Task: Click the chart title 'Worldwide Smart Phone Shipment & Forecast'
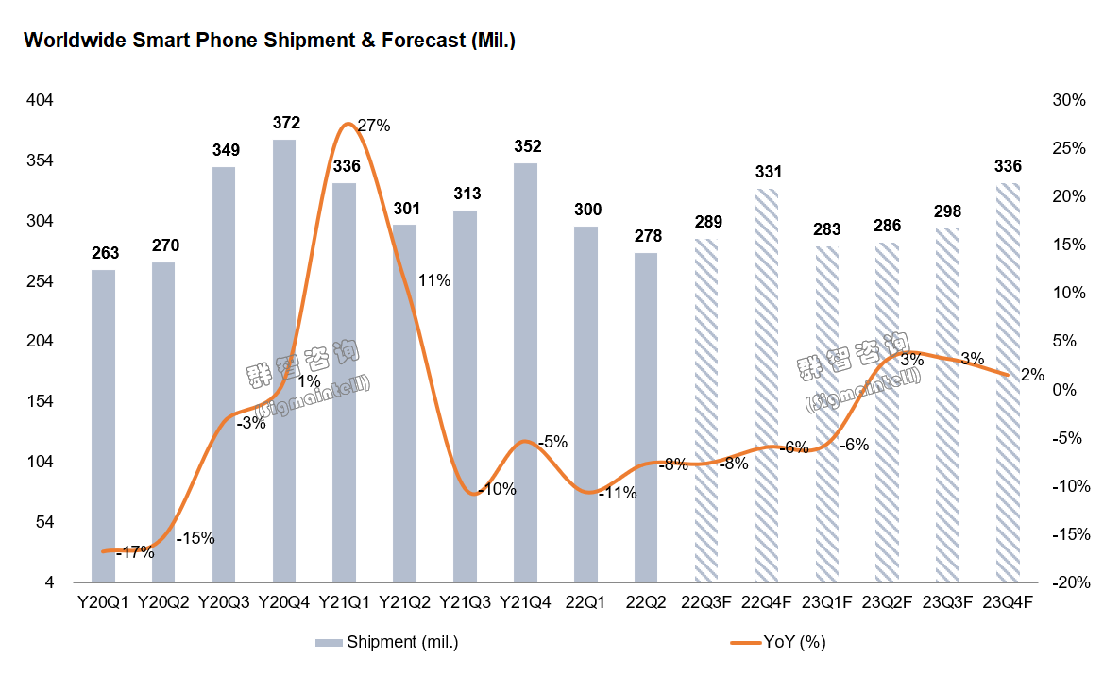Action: (268, 41)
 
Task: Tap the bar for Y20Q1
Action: (104, 425)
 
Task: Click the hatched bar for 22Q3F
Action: (707, 411)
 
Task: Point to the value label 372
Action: (285, 123)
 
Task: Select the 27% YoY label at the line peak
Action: (373, 126)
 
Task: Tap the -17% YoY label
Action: (135, 553)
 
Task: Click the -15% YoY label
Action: (195, 538)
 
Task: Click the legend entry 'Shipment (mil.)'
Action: (387, 642)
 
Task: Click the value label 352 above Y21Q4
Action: (527, 146)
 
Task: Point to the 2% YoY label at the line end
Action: (1032, 375)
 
